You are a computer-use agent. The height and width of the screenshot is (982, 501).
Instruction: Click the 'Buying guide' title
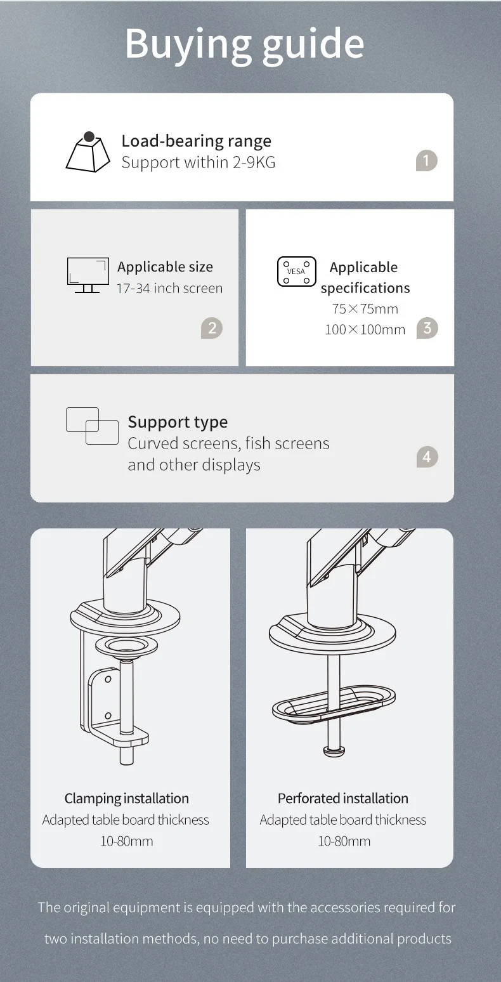[245, 44]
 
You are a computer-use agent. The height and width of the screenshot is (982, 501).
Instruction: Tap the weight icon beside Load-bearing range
[88, 152]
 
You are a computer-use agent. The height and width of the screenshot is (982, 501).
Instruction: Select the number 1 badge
[427, 160]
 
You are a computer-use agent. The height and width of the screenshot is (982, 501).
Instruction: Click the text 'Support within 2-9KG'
[198, 162]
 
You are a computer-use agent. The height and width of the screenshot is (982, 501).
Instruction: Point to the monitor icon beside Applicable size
[88, 275]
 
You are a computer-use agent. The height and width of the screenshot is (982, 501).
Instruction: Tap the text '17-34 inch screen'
[169, 288]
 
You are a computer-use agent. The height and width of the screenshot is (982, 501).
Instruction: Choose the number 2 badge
[212, 328]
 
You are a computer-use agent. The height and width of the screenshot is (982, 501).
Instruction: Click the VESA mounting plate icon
[296, 272]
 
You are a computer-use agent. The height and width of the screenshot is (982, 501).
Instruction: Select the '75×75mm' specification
[365, 309]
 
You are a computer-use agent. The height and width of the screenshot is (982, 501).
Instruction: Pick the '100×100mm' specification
[365, 329]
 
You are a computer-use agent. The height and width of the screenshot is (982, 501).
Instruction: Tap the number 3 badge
[427, 327]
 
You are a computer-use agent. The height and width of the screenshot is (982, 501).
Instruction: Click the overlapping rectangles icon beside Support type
[92, 426]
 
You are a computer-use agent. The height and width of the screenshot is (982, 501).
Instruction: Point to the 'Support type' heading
[178, 422]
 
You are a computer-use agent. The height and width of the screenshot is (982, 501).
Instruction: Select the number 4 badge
[427, 457]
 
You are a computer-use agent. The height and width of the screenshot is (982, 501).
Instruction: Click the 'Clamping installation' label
[127, 798]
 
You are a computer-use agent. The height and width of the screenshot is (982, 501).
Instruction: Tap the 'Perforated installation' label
[343, 798]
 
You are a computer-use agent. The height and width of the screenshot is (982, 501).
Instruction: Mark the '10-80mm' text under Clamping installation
[127, 841]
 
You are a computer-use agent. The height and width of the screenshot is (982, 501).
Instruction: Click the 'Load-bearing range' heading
[197, 141]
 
